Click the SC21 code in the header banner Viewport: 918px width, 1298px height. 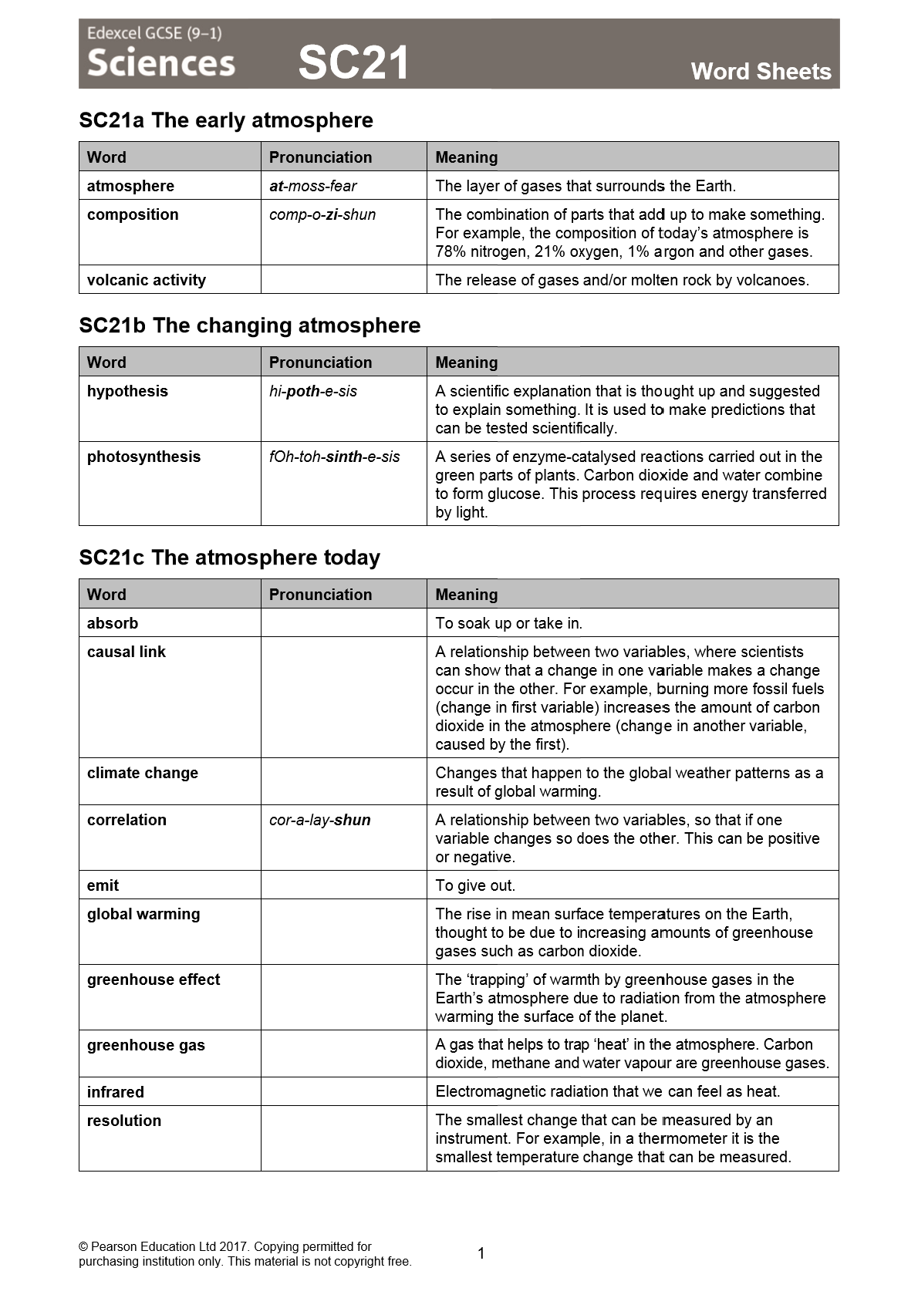[x=353, y=62]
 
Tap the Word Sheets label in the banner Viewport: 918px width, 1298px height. [x=761, y=72]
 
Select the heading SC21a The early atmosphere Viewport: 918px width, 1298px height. [x=226, y=120]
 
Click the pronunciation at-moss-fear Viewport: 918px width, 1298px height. [x=313, y=186]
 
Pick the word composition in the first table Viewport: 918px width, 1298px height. [x=133, y=214]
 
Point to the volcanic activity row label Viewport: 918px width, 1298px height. [x=147, y=280]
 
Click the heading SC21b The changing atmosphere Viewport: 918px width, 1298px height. [x=250, y=325]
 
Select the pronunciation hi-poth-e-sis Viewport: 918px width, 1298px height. [x=313, y=391]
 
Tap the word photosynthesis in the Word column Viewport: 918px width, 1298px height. [x=143, y=457]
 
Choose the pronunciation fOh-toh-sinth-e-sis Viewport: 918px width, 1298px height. [x=335, y=457]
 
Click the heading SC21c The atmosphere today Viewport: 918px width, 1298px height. [x=230, y=558]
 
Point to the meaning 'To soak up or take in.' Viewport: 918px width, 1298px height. [x=508, y=623]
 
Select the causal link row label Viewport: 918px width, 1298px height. [x=127, y=652]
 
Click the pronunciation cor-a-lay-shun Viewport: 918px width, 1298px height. [x=320, y=820]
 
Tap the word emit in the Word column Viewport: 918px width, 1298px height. [x=103, y=885]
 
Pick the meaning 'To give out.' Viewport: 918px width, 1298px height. [x=475, y=885]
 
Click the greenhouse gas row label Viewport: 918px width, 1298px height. [x=146, y=1045]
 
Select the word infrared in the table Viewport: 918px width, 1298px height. [x=116, y=1092]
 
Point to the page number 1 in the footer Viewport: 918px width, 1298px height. [x=481, y=1253]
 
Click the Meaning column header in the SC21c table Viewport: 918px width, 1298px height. [x=467, y=595]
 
